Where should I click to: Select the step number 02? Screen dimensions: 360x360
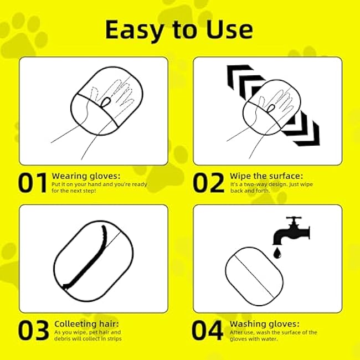click(208, 183)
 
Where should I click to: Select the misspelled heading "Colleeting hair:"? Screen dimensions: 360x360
click(86, 323)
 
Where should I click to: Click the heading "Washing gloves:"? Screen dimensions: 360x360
click(265, 323)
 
